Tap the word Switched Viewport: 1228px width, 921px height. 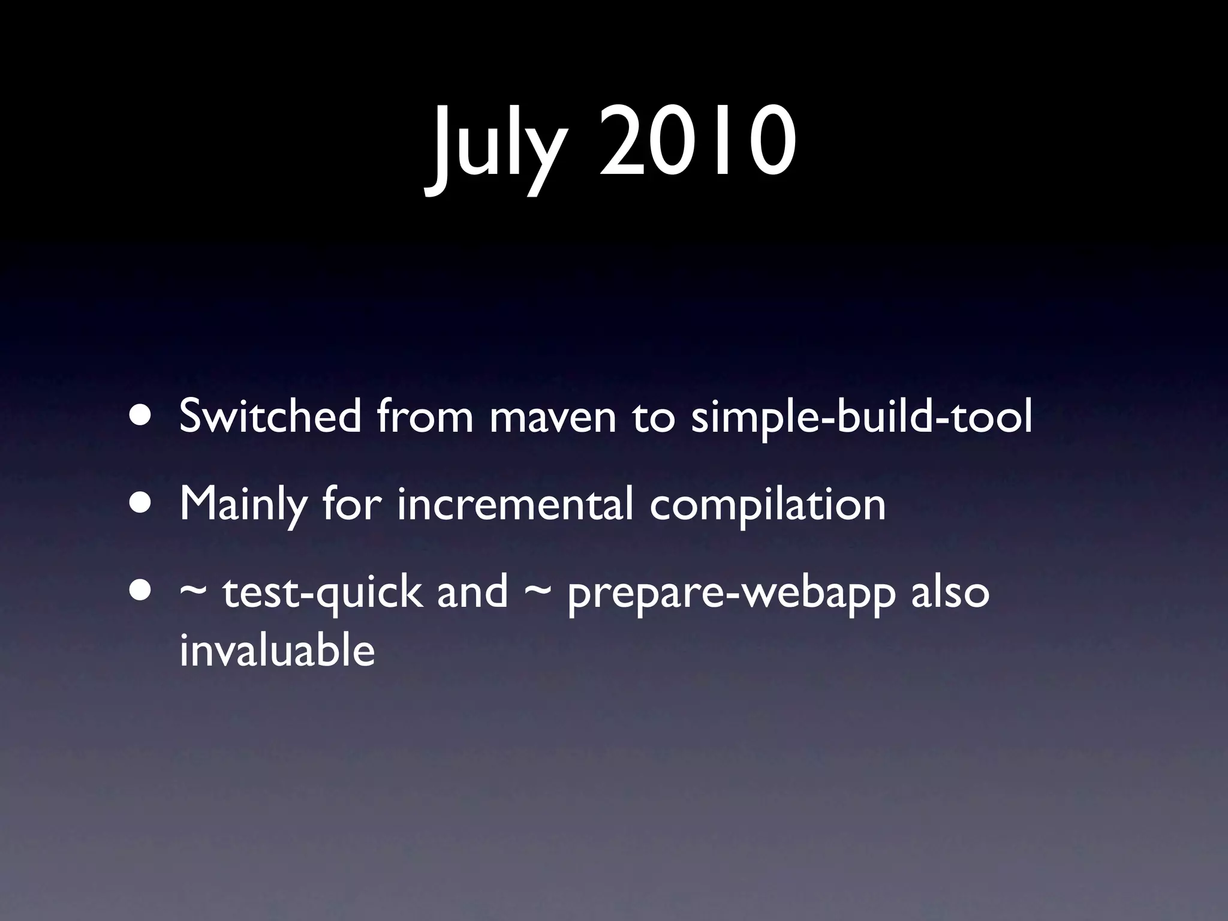point(270,416)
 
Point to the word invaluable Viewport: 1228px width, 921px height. point(277,650)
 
